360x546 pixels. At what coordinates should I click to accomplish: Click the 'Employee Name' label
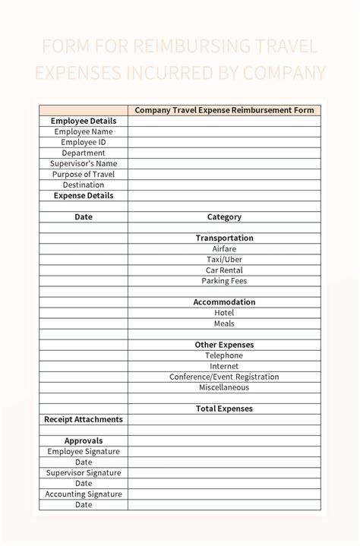84,131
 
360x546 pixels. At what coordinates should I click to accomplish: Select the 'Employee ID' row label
84,142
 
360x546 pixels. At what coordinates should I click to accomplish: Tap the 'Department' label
84,153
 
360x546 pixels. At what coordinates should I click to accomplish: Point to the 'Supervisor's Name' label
84,163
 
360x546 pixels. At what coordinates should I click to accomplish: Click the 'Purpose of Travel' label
84,174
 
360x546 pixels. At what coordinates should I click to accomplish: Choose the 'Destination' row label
84,185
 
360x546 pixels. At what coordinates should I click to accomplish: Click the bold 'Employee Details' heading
84,121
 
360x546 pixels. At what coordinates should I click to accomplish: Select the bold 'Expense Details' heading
84,195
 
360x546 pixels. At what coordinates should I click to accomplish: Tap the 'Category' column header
224,217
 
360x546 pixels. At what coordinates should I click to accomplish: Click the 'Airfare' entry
224,249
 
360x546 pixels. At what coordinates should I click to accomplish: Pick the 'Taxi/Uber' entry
224,260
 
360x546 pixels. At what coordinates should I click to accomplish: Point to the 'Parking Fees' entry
224,281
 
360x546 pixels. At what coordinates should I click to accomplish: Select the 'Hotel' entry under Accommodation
224,313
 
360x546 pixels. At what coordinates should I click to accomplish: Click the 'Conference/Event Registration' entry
224,377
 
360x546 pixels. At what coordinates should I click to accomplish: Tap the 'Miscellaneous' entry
224,387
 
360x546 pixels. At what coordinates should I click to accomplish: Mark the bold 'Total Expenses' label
224,409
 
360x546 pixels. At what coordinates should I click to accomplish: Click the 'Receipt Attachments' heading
84,419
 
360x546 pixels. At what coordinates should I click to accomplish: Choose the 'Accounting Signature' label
84,494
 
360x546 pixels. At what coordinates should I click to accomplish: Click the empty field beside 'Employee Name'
224,131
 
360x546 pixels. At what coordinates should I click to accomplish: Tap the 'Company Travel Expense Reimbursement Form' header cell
224,110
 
